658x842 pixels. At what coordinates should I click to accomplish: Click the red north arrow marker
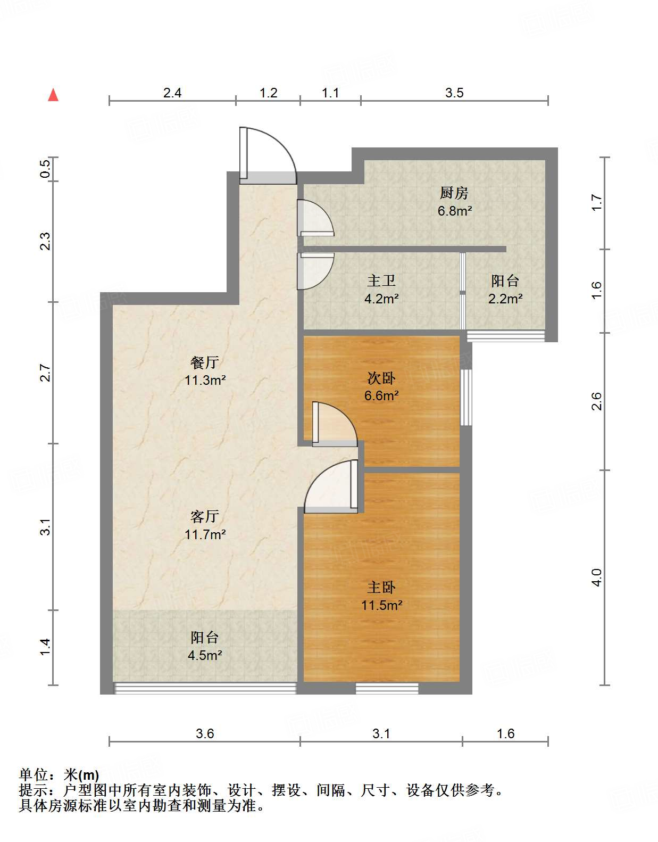tap(53, 95)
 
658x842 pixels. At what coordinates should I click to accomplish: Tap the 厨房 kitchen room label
tap(454, 193)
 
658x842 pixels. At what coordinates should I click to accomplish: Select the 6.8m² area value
tap(455, 211)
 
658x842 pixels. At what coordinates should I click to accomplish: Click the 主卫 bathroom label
tap(381, 280)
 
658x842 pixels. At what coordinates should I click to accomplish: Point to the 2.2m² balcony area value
tap(505, 299)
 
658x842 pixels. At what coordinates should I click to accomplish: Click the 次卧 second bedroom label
tap(381, 378)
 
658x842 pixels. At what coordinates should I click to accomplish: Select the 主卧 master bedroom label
tap(381, 588)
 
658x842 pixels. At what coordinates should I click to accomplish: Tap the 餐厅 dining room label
tap(205, 362)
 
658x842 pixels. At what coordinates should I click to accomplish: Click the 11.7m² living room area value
tap(205, 534)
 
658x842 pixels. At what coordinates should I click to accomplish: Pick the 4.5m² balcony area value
tap(205, 655)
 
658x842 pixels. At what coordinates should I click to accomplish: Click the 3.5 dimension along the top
tap(454, 93)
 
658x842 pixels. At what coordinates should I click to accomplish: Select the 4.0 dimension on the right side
tap(597, 577)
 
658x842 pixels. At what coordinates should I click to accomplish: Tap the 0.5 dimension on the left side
tap(45, 169)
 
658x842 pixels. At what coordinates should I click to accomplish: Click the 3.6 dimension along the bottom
tap(205, 733)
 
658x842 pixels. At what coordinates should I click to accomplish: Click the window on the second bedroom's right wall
tap(467, 397)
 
